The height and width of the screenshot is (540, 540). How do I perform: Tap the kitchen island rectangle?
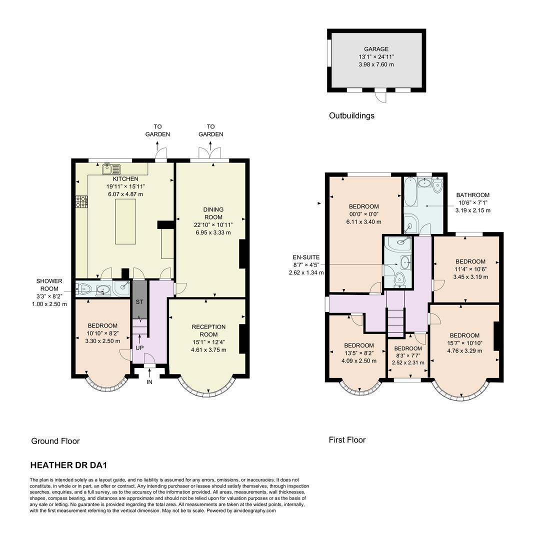[x=125, y=221]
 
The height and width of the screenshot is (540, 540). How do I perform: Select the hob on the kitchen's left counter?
[x=81, y=202]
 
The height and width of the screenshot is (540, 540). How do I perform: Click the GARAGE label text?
[x=376, y=49]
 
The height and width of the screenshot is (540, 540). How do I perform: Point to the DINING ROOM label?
[x=213, y=213]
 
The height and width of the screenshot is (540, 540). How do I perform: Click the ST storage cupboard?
[x=139, y=302]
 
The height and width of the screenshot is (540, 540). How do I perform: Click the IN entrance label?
[x=149, y=382]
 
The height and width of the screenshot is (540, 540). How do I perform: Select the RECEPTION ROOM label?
[x=208, y=330]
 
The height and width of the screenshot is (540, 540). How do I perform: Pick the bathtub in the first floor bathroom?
[x=410, y=191]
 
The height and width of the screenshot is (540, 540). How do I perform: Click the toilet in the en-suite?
[x=398, y=278]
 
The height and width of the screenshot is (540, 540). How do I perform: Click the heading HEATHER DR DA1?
[x=68, y=465]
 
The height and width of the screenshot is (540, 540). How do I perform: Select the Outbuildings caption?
[x=351, y=115]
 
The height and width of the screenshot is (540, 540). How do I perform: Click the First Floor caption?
[x=347, y=440]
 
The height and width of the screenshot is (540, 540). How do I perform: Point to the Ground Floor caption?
[x=55, y=441]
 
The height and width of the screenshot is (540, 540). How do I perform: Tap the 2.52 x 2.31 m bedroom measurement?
[x=407, y=362]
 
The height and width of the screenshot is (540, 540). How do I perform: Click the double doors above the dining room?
[x=209, y=153]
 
